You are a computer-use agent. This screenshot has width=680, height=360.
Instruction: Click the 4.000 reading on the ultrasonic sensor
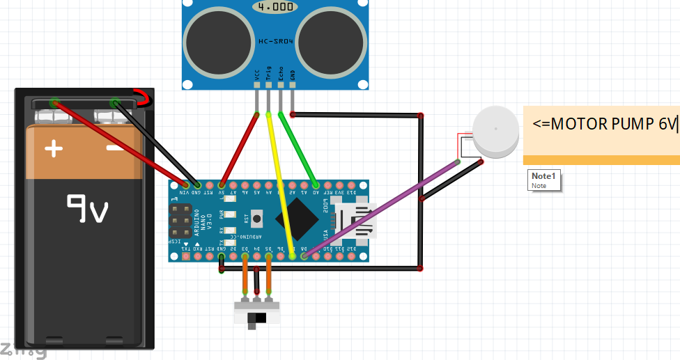(x=275, y=6)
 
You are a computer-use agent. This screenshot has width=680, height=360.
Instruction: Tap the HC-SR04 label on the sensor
(x=275, y=42)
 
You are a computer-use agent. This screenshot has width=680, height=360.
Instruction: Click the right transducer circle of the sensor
(x=331, y=43)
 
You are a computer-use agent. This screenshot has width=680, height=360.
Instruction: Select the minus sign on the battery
(x=115, y=148)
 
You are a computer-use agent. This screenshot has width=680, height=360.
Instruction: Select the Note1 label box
(x=544, y=180)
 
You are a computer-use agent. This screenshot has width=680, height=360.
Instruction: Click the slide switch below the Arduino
(x=257, y=317)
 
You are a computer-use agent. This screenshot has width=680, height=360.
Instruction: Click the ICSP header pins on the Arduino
(x=181, y=219)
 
